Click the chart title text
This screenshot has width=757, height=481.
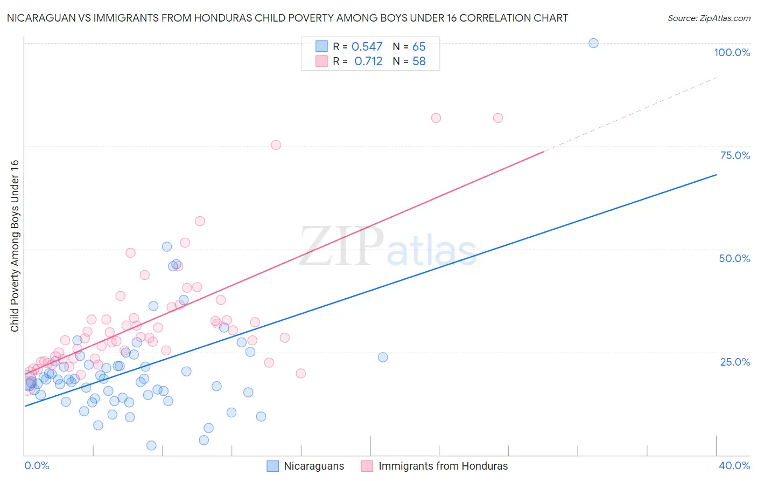[x=288, y=18]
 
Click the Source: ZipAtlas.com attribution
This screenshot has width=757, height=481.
[x=709, y=18]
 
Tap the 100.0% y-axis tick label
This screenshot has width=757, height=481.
[x=732, y=52]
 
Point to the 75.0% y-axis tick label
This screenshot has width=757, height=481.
[x=735, y=155]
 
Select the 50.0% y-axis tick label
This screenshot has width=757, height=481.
[x=734, y=258]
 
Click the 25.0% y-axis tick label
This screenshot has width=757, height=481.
[x=735, y=362]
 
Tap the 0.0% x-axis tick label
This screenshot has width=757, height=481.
[x=37, y=465]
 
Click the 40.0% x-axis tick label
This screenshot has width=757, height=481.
[x=734, y=465]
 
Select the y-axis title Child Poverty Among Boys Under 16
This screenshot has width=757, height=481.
[x=15, y=246]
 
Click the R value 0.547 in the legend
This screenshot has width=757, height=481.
[x=367, y=47]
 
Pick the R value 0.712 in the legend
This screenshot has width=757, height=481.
[x=368, y=61]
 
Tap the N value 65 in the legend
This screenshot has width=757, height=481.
[x=419, y=47]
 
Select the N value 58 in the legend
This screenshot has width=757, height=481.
[x=419, y=61]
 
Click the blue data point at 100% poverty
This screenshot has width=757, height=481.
[x=593, y=43]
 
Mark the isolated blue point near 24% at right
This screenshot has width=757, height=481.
[x=383, y=357]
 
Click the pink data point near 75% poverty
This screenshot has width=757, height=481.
[x=276, y=145]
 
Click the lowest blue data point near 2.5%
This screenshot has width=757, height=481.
[x=151, y=445]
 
